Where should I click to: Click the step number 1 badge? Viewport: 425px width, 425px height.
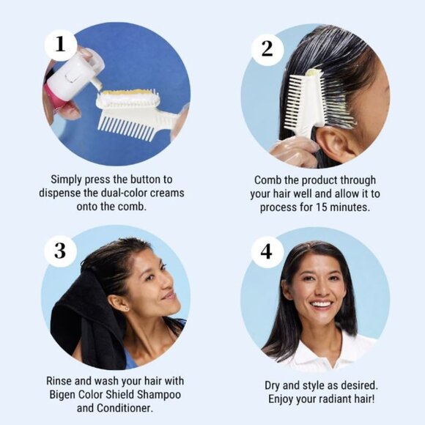(x=60, y=45)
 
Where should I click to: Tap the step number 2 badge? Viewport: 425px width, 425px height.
(x=267, y=49)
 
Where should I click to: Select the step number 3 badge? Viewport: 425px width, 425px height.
(x=60, y=251)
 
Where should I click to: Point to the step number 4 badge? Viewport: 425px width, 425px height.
(x=267, y=251)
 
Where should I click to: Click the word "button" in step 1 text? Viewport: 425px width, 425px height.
(x=146, y=180)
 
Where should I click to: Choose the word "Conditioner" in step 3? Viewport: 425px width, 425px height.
(x=125, y=408)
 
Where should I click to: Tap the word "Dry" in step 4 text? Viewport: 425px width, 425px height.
(x=272, y=385)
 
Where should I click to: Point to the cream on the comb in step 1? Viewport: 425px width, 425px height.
(x=127, y=95)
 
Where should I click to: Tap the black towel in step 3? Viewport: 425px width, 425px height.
(x=86, y=319)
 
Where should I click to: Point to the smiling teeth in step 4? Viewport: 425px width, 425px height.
(x=321, y=304)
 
